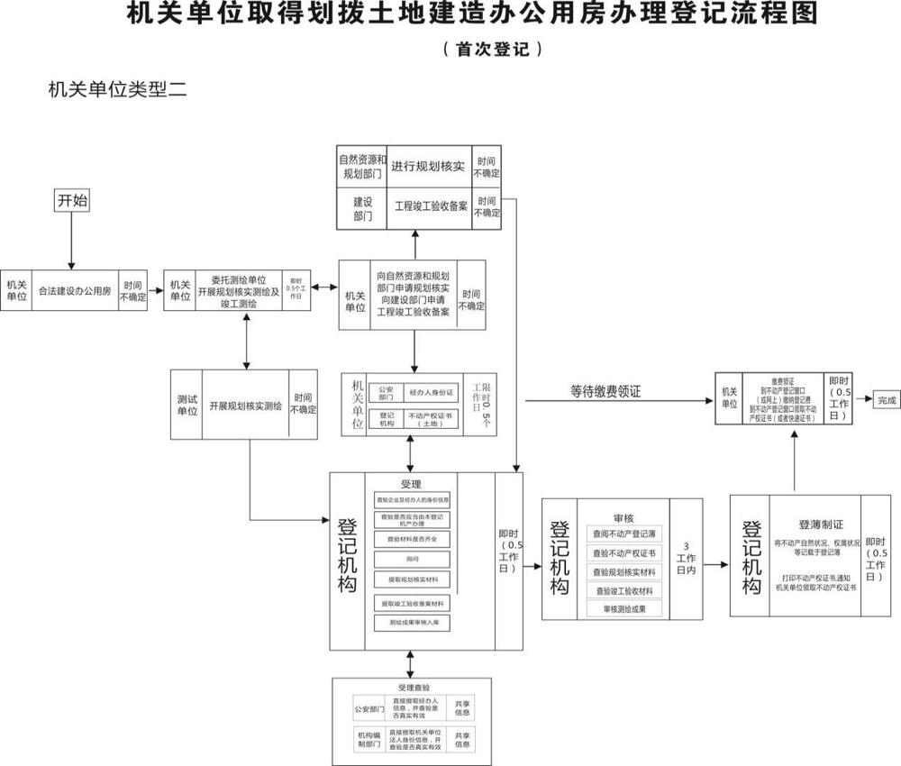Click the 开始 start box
(x=72, y=201)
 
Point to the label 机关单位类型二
(x=117, y=90)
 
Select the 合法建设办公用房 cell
(x=75, y=291)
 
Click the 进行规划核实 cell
(x=428, y=167)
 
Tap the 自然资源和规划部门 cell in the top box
(x=362, y=166)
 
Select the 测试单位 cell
(x=187, y=406)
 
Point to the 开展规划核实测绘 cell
(x=245, y=406)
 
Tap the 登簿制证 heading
(x=821, y=524)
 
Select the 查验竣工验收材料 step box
(x=623, y=591)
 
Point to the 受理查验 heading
(x=411, y=688)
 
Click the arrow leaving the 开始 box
(x=72, y=239)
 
